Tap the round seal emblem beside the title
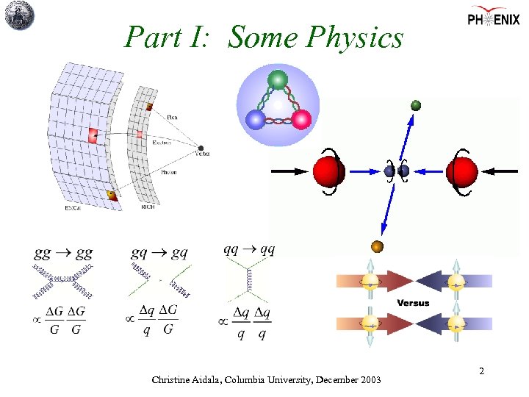21,15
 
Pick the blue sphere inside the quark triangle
254,119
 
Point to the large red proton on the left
328,171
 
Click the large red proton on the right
461,171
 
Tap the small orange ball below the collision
378,246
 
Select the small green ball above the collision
416,105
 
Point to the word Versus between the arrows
413,303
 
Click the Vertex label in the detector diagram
203,154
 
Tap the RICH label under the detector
148,207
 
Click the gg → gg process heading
63,254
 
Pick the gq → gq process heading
159,253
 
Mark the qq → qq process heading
249,249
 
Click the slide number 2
481,372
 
